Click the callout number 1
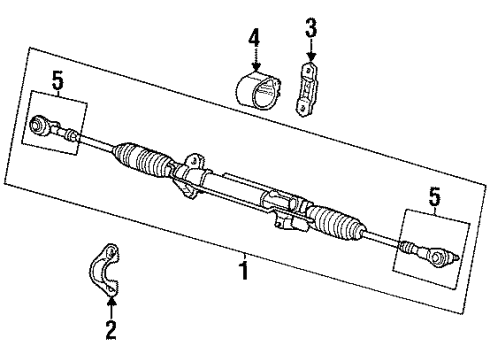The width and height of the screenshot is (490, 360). click(x=244, y=268)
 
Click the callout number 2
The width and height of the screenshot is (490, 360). click(x=112, y=327)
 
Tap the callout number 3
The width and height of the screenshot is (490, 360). click(x=311, y=31)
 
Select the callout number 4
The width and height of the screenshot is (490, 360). click(x=254, y=39)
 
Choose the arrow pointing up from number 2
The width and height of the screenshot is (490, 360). click(x=112, y=306)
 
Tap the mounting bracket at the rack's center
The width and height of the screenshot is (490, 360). click(x=187, y=166)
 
